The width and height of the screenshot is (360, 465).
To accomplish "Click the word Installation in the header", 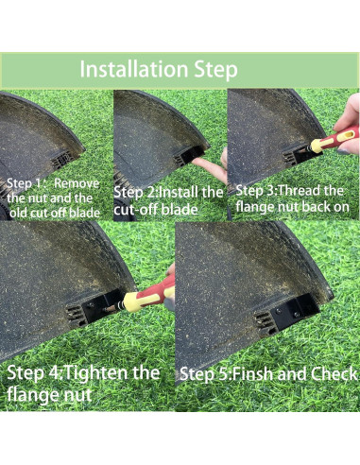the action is pyautogui.click(x=134, y=69).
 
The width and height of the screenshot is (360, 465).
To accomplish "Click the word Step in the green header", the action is pyautogui.click(x=215, y=70).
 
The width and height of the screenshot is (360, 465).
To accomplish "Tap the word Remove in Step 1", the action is pyautogui.click(x=77, y=183).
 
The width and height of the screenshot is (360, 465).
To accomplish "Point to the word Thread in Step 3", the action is pyautogui.click(x=300, y=191).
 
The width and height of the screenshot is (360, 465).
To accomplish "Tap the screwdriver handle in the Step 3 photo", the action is pyautogui.click(x=335, y=139).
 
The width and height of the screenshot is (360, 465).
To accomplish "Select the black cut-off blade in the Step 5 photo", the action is pyautogui.click(x=294, y=311).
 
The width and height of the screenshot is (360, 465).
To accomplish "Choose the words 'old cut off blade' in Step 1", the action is pyautogui.click(x=55, y=214).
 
